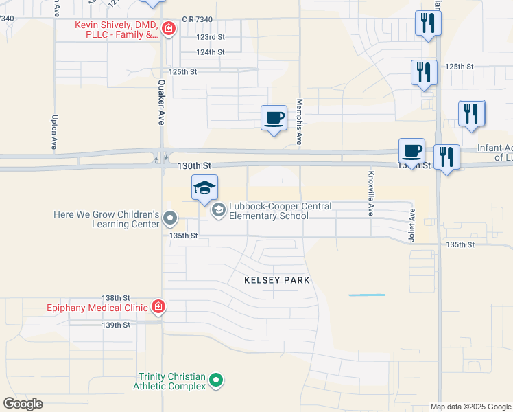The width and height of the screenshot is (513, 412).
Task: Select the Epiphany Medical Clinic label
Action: tap(97, 307)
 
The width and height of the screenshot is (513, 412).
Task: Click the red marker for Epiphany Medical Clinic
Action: tap(158, 306)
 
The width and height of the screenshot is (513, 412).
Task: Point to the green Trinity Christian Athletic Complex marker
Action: tap(216, 380)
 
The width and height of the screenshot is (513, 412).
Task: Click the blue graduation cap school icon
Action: tap(205, 187)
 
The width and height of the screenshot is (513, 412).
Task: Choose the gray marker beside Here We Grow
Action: tap(171, 220)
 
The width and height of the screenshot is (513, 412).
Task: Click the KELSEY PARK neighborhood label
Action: tap(277, 280)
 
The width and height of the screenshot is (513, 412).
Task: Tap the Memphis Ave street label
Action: tap(299, 121)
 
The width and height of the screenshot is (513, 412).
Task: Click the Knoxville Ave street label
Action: tap(371, 194)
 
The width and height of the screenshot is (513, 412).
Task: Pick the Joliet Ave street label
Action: tap(413, 224)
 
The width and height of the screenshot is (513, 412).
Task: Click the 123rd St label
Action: tap(210, 37)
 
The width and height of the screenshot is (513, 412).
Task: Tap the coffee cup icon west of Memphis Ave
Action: tap(274, 117)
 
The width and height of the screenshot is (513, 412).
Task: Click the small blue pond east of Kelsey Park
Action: tap(366, 295)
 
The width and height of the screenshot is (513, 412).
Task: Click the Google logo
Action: tap(23, 404)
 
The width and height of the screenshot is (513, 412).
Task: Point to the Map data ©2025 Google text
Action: tap(470, 407)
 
